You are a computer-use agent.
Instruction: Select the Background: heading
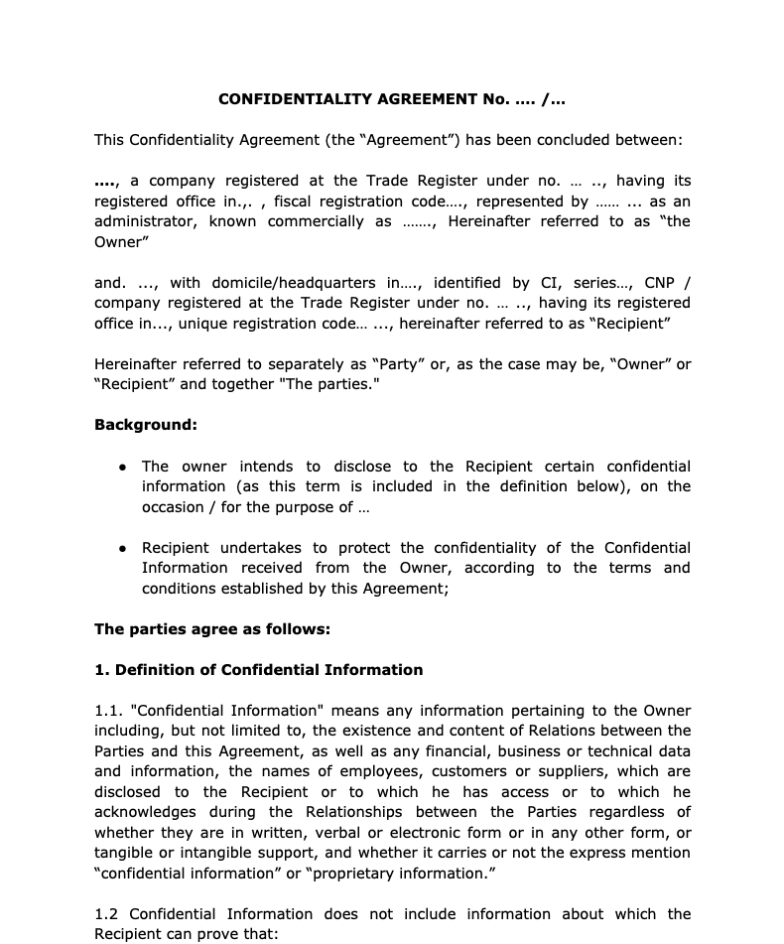point(146,425)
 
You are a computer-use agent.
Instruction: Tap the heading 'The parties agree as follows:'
point(212,628)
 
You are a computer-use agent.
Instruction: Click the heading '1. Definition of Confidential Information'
point(258,669)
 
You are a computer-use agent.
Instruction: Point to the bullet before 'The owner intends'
point(122,467)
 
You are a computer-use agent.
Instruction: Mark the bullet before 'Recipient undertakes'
point(122,548)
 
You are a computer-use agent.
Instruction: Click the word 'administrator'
point(145,221)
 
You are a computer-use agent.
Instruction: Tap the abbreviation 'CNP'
point(660,283)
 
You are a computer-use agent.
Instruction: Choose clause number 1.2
point(108,914)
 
